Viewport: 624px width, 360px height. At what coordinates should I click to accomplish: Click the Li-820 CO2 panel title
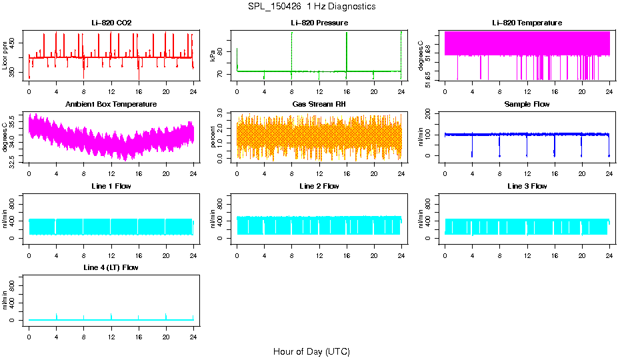click(111, 23)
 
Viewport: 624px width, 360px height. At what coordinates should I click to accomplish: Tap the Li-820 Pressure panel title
click(319, 23)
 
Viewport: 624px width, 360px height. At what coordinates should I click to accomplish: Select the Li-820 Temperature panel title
click(527, 23)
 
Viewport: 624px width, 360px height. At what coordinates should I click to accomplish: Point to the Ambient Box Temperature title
click(111, 104)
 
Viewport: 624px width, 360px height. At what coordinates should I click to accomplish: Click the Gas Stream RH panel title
click(319, 104)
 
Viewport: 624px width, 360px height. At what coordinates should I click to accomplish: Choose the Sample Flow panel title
click(527, 104)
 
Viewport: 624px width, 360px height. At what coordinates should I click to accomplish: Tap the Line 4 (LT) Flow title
click(111, 267)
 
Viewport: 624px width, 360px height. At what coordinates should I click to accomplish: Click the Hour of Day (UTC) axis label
click(311, 351)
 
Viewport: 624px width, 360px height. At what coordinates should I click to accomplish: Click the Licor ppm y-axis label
click(5, 55)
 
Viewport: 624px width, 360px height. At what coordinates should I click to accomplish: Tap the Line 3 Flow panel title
click(527, 186)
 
